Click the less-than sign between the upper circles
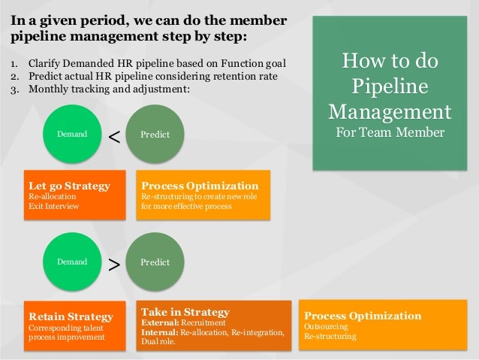click(x=113, y=136)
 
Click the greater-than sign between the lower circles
click(x=113, y=264)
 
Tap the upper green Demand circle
click(x=73, y=134)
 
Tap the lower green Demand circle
click(x=73, y=262)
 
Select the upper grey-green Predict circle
click(x=155, y=134)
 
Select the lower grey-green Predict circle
click(x=155, y=262)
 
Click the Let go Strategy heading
click(x=69, y=186)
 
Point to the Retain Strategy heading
click(x=71, y=316)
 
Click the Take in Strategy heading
click(x=185, y=311)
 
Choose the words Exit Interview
click(x=53, y=206)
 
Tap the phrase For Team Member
click(x=390, y=133)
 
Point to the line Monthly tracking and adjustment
click(x=110, y=89)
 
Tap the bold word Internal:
click(x=159, y=332)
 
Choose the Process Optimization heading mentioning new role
click(x=200, y=186)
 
